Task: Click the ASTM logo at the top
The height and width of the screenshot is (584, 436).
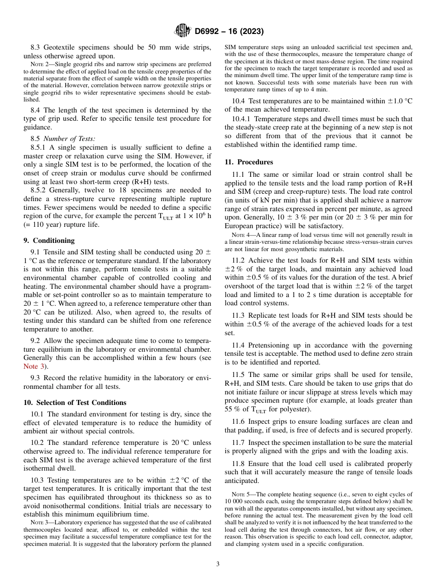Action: click(x=183, y=31)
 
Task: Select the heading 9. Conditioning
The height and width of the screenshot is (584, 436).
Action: click(x=49, y=241)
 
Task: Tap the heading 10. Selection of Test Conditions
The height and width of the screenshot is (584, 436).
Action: click(x=75, y=403)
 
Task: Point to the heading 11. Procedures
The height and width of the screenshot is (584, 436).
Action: click(x=249, y=162)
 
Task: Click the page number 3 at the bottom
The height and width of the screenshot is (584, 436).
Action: click(x=218, y=564)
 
